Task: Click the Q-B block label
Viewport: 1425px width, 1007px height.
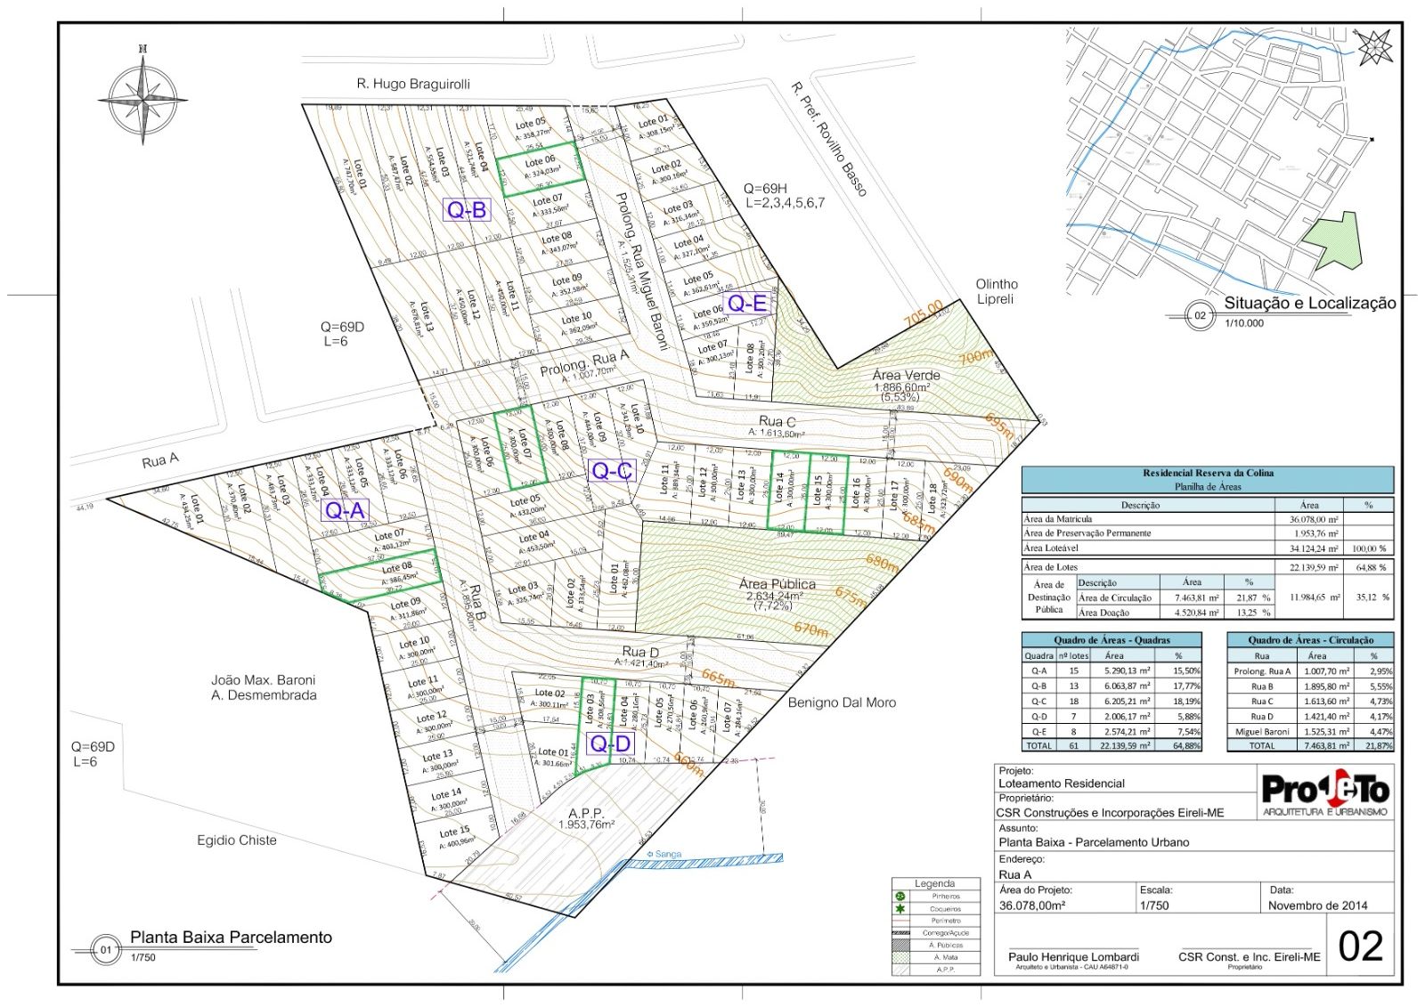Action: coord(467,210)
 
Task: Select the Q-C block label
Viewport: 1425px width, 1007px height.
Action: coord(612,471)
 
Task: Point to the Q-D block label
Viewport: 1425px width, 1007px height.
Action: coord(610,743)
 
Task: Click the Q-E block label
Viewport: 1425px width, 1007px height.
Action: coord(746,304)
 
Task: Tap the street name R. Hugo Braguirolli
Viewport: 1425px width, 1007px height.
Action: coord(413,84)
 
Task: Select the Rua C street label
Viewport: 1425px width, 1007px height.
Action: coord(777,421)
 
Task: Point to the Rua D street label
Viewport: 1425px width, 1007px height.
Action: coord(640,653)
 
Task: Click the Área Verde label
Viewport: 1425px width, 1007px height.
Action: coord(906,376)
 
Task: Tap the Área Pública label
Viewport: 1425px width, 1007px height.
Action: coord(777,584)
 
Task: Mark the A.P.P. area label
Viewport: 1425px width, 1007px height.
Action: coord(586,813)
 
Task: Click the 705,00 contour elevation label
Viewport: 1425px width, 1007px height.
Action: coord(924,313)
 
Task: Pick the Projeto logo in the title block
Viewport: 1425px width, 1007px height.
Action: coord(1325,793)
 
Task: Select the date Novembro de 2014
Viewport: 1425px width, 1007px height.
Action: coord(1317,905)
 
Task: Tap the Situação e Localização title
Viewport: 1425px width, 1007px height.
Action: coord(1309,303)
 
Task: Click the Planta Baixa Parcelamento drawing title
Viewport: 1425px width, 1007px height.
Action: coord(231,938)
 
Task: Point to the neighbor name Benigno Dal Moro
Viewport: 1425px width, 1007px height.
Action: coord(842,702)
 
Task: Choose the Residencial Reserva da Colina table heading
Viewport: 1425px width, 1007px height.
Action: coord(1208,473)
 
